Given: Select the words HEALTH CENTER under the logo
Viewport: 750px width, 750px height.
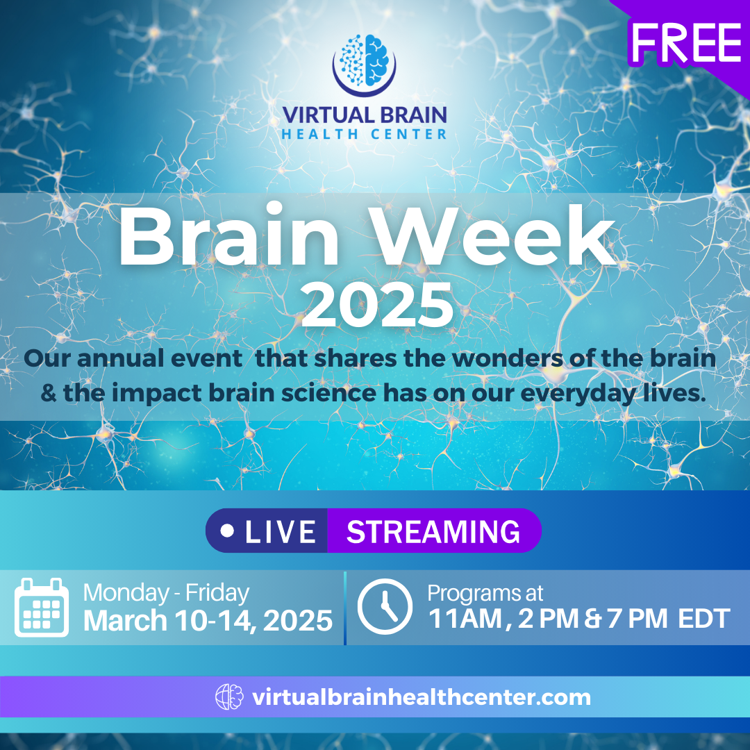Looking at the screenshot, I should [364, 133].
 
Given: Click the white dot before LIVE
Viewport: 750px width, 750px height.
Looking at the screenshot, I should [227, 531].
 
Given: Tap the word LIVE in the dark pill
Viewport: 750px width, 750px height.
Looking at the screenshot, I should [280, 532].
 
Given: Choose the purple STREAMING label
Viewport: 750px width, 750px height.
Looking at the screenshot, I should [433, 532].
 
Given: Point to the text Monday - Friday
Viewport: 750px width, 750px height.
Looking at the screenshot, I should [166, 593].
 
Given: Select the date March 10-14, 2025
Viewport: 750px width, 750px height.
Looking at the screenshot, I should [208, 620].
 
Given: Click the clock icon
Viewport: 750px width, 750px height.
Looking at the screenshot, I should [385, 606].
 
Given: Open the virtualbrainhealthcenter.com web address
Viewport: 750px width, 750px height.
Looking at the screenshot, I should [421, 697].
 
